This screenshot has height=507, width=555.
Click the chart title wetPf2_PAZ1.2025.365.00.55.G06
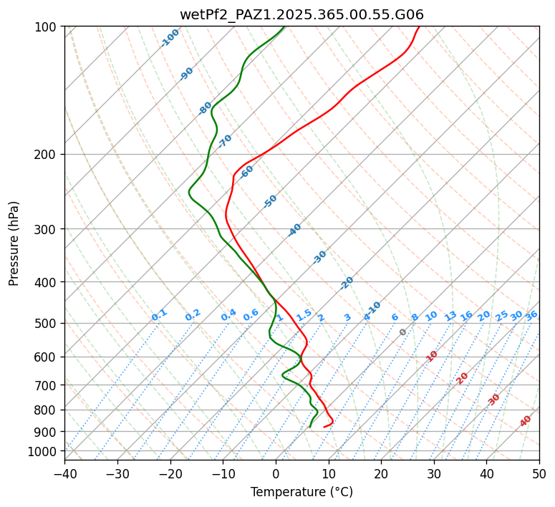pos(301,14)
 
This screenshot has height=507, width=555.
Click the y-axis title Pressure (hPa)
pos(14,243)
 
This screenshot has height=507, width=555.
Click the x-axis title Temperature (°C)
pos(301,493)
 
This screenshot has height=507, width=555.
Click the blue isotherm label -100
pos(170,38)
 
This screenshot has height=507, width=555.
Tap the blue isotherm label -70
pos(225,141)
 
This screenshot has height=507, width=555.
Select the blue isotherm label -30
pos(319,257)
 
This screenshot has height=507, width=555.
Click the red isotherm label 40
pos(526,421)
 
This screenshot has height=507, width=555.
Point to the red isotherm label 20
pos(462,378)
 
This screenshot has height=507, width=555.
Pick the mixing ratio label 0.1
pos(159,315)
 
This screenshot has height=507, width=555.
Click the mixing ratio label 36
pos(531,316)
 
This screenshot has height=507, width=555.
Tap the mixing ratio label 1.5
pos(304,315)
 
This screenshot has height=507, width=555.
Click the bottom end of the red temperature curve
pos(324,427)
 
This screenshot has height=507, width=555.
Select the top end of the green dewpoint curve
pos(284,27)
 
